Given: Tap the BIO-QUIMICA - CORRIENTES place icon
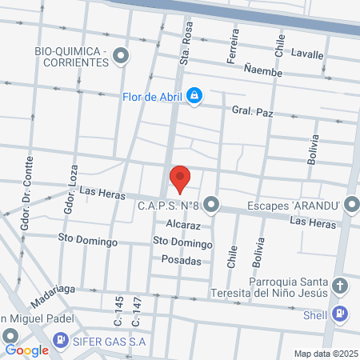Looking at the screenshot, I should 122,55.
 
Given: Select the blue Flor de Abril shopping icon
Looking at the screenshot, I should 194,97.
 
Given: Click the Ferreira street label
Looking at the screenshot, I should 234,47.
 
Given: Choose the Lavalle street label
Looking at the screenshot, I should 307,55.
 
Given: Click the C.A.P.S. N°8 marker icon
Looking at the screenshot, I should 211,206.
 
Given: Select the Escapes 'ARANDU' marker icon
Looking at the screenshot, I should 351,206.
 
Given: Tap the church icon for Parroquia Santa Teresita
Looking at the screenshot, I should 340,286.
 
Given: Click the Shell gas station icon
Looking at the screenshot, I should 340,314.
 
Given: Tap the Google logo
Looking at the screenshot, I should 27,350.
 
